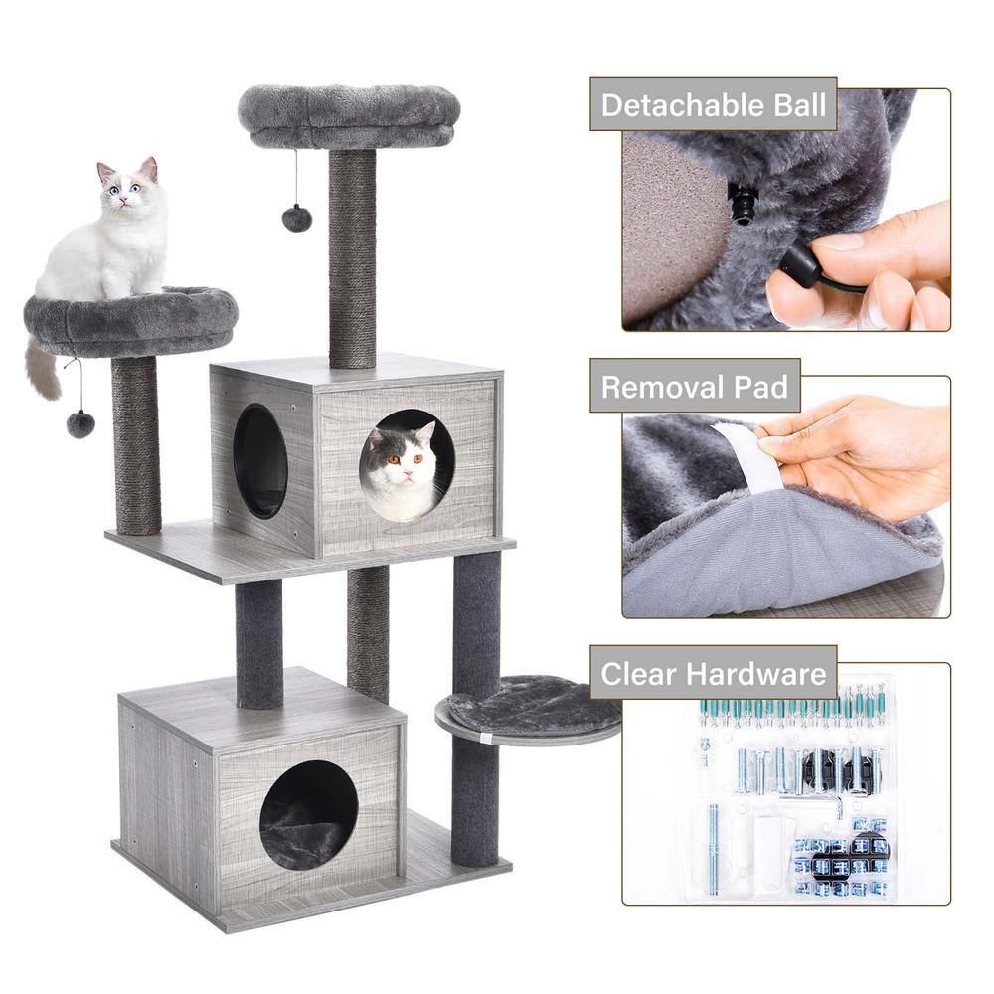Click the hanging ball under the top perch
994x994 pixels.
pos(296,218)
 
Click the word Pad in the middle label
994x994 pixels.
pos(762,387)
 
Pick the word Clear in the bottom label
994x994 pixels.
pos(639,674)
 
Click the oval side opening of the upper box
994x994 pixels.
pos(260,460)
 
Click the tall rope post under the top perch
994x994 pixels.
pos(352,258)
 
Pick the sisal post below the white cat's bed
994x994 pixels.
pos(136,442)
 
